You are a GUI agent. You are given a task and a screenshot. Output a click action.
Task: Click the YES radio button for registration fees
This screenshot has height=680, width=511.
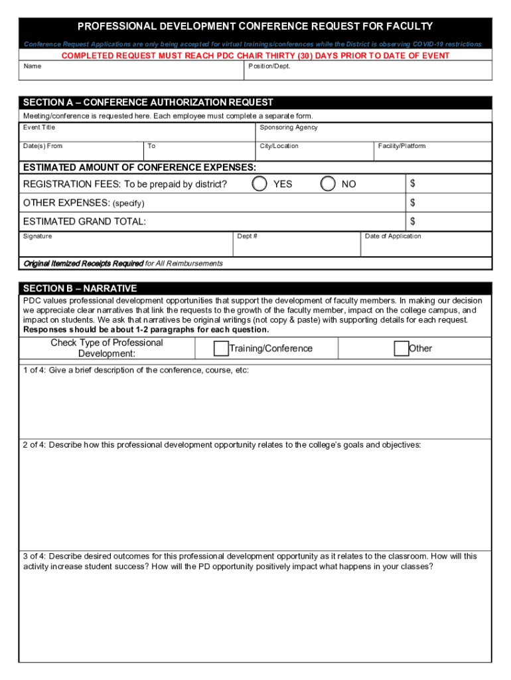pos(260,183)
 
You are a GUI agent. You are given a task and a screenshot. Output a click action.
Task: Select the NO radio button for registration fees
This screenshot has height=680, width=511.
pos(328,183)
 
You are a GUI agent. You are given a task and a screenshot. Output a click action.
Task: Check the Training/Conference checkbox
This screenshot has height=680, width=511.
pos(221,349)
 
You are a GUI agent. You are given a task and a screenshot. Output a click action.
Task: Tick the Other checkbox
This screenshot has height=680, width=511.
pos(402,349)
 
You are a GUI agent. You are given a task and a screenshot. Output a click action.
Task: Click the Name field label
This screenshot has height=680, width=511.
pos(33,66)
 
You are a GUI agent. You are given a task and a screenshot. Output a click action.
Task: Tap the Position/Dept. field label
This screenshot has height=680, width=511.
pos(269,66)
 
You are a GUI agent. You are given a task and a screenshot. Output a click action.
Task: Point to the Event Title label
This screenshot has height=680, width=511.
pos(39,127)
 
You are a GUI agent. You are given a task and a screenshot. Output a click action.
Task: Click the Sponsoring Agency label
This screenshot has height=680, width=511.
pos(289,127)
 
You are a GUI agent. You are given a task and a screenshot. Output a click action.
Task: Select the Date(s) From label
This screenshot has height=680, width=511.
pos(42,146)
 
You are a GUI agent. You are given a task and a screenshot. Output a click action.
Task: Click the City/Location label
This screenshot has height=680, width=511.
pos(279,146)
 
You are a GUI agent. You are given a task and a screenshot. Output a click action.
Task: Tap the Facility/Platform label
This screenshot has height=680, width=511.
pos(402,146)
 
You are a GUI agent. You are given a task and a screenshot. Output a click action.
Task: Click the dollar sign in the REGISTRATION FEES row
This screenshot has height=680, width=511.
pos(413,183)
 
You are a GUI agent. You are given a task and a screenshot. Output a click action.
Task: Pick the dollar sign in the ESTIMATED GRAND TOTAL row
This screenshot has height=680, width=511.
pos(413,221)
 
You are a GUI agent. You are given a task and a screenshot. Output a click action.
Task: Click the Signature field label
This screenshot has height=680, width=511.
pos(38,236)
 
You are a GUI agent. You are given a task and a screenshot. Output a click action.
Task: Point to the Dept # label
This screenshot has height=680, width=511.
pos(248,236)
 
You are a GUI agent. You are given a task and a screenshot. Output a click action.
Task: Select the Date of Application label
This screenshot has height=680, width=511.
pos(393,236)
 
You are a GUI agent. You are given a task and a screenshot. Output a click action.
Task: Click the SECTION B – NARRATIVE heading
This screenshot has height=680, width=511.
pos(80,289)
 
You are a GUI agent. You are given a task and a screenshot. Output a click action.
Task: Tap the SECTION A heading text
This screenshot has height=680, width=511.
pos(148,103)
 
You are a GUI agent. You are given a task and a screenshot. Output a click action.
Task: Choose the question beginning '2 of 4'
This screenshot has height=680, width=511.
pos(222,445)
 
